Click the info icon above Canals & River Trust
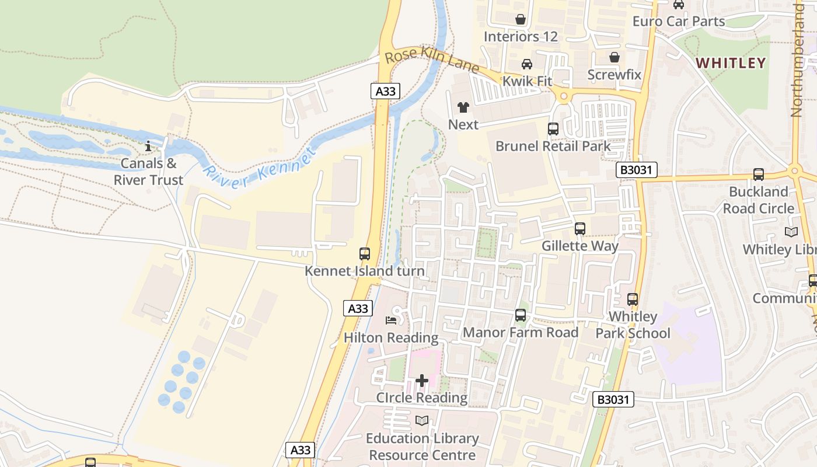point(148,145)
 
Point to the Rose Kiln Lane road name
point(432,61)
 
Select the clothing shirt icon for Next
point(463,107)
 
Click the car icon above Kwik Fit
point(526,64)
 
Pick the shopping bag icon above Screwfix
point(614,57)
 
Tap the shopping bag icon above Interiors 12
point(521,19)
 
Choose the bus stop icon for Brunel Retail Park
point(553,128)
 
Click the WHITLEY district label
point(731,63)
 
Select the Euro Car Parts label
point(679,22)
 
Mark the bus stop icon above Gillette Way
point(579,229)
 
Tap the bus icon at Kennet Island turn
point(365,254)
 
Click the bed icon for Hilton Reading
point(391,320)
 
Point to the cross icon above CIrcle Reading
point(421,381)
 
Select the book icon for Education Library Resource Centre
point(422,420)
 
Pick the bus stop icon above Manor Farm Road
point(521,315)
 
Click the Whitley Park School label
point(633,325)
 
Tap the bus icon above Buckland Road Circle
point(758,174)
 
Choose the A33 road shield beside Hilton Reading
point(357,308)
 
